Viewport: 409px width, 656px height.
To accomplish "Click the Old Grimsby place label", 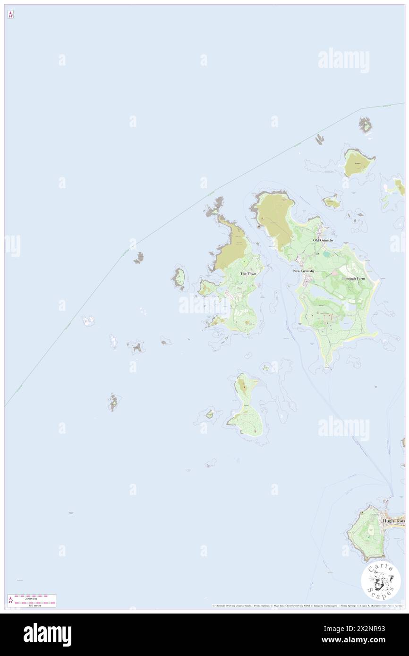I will click(323, 240).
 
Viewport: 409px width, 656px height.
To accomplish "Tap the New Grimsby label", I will click(304, 271).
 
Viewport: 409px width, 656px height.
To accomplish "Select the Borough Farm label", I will click(354, 279).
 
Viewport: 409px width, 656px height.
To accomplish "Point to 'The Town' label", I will click(248, 274).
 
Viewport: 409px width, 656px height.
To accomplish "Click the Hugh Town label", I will click(394, 521).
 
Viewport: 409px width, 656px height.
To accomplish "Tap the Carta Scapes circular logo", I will click(381, 580).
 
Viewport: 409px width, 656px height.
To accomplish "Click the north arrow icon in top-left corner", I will click(10, 15).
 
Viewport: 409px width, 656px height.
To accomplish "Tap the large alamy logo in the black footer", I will click(47, 634).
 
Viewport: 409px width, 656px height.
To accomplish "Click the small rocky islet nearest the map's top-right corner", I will click(365, 125).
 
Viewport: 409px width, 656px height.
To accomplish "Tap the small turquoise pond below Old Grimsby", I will click(326, 254).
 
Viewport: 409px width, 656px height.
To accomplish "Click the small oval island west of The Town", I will click(179, 278).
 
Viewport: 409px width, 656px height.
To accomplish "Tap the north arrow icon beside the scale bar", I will click(10, 601).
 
